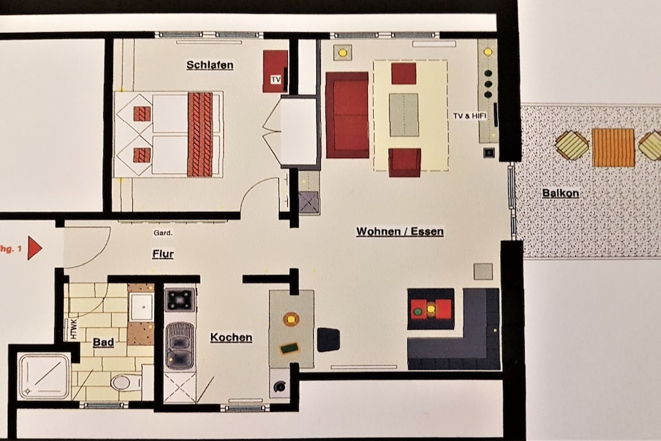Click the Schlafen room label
(210, 65)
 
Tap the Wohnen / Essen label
(400, 231)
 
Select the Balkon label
(560, 193)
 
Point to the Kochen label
(231, 337)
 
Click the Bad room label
(103, 342)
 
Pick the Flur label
(163, 254)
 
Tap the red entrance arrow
(35, 249)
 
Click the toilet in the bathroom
(125, 383)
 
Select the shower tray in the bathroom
(44, 376)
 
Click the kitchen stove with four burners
(180, 300)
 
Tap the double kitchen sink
(180, 345)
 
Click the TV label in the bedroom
(276, 79)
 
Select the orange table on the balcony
(613, 148)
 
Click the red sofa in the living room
(347, 115)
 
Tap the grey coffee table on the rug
(404, 115)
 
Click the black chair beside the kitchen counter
(329, 340)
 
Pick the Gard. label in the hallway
(163, 232)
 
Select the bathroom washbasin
(141, 307)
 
